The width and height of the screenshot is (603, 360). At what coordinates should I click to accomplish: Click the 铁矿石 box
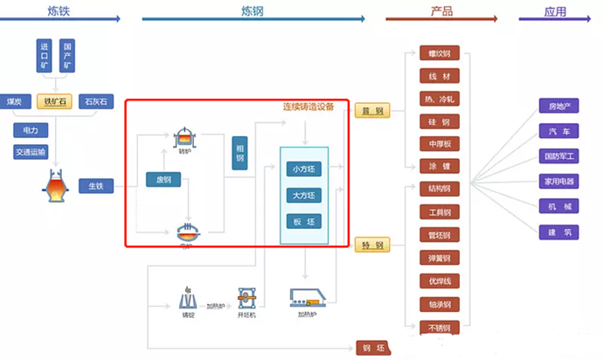[x=55, y=101]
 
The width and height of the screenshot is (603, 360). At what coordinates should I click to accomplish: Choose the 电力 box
[x=31, y=130]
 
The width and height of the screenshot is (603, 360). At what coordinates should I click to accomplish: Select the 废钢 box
[x=163, y=180]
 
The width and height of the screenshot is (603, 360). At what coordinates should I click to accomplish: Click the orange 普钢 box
[x=373, y=111]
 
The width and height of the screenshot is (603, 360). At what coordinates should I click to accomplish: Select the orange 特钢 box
[x=373, y=245]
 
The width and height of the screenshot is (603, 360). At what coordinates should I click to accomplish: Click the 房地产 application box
[x=559, y=107]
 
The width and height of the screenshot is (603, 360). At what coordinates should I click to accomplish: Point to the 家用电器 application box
[x=559, y=182]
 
